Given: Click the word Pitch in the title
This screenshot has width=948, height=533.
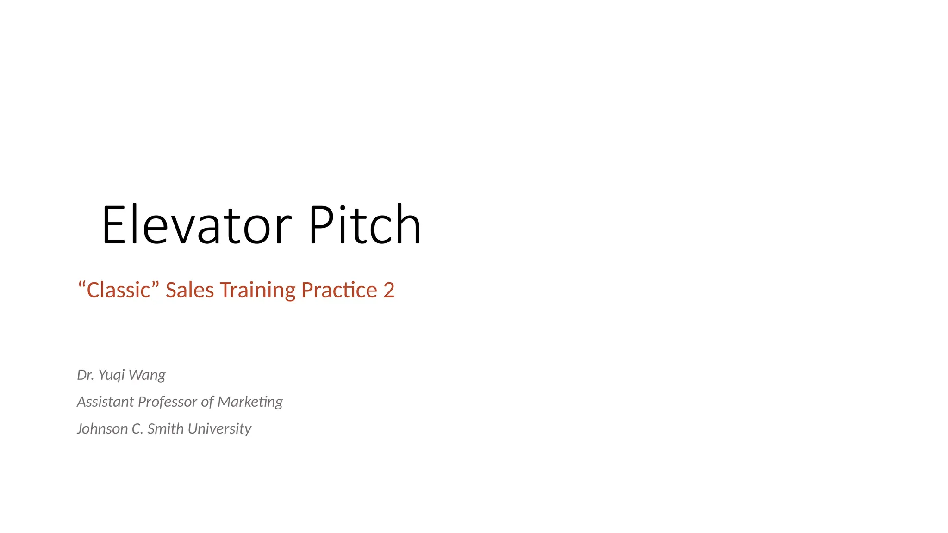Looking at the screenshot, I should [365, 225].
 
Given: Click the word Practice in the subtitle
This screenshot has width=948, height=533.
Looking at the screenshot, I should [339, 291].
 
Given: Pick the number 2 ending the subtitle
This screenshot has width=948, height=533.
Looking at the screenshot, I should [389, 291].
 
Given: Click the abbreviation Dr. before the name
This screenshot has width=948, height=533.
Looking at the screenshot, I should [86, 375].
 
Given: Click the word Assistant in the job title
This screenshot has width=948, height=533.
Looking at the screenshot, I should [106, 402].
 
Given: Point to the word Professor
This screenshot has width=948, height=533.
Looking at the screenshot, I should [168, 402].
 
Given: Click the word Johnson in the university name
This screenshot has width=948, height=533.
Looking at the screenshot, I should [102, 429].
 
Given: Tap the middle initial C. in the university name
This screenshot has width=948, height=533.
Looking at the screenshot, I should [137, 429].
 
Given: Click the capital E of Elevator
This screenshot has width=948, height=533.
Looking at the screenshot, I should [114, 225].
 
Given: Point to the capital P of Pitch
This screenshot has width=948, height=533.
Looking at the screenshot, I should [321, 225].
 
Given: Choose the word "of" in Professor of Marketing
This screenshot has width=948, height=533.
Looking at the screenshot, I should [207, 402].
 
